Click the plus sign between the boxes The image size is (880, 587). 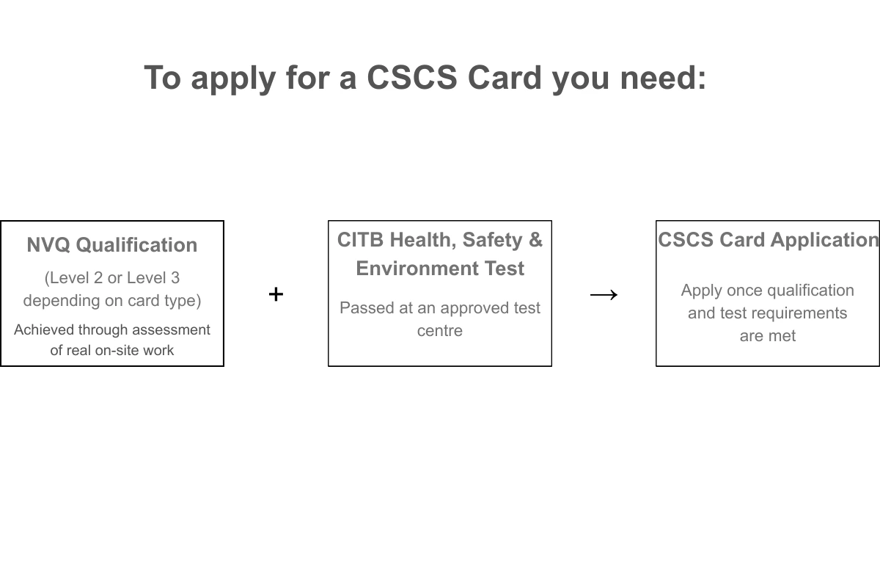point(276,294)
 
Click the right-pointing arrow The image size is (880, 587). point(604,295)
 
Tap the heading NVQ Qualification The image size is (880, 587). point(112,245)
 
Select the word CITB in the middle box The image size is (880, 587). point(361,240)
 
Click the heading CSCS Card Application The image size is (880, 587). point(768,240)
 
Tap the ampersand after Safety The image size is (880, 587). point(535,240)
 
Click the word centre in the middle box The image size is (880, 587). point(440,331)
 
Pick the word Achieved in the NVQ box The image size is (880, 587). point(43,330)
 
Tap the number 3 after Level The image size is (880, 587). point(175,278)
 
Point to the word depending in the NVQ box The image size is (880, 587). point(59,301)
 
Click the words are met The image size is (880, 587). point(768,336)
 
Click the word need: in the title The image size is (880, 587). point(663,78)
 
